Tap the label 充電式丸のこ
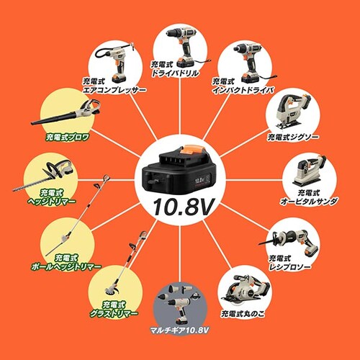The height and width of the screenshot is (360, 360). click(x=243, y=314)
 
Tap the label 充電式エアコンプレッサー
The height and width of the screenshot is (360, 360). click(x=114, y=87)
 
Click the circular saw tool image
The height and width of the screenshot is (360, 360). click(x=243, y=287)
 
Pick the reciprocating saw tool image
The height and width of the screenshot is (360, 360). click(x=292, y=237)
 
